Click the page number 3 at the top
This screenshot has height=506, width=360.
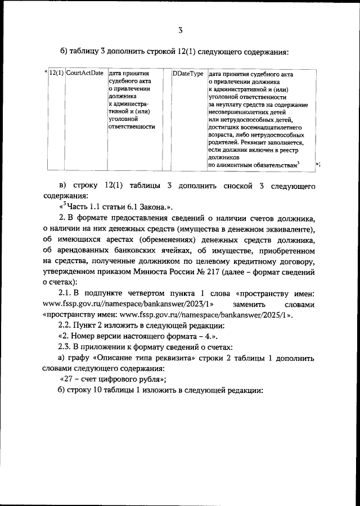(180, 30)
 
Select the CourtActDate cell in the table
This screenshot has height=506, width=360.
(84, 74)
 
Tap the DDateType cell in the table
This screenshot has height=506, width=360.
(188, 74)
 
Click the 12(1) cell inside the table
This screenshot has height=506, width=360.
(56, 74)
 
